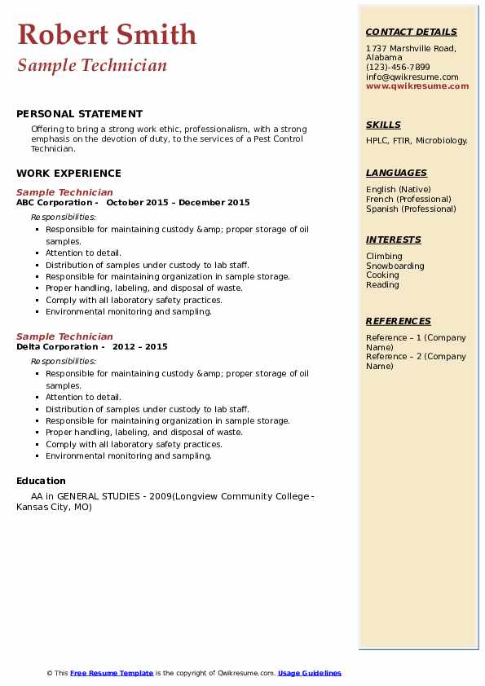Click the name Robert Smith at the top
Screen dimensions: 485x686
point(106,35)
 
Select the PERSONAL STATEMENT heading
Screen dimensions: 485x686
point(79,114)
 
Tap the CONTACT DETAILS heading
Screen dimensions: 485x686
point(411,32)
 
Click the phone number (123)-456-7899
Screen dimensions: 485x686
point(398,68)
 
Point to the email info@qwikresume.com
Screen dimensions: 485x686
point(412,77)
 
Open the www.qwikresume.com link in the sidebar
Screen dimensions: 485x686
point(417,86)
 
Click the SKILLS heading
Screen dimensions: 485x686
point(383,125)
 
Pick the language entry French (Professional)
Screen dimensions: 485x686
point(408,199)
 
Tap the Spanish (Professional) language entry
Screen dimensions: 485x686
point(411,209)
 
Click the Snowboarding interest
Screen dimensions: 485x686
point(395,266)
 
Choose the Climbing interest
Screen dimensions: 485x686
point(384,256)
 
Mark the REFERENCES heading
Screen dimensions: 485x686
point(399,321)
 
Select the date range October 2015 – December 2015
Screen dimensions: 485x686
point(178,203)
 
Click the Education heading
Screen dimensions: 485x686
point(41,481)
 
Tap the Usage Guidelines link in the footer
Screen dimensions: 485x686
point(309,673)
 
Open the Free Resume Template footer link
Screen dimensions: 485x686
point(112,673)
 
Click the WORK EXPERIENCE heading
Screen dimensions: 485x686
point(68,173)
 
